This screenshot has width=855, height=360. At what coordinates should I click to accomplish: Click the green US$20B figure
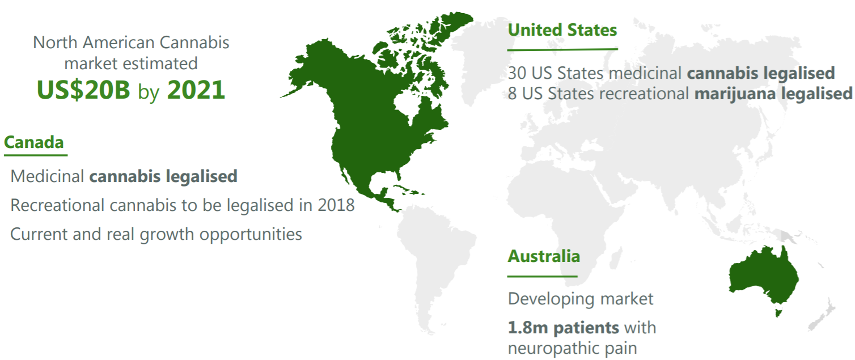click(x=83, y=90)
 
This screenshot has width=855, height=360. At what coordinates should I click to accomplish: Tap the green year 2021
click(x=196, y=90)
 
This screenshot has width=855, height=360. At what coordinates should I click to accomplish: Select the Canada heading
click(x=33, y=142)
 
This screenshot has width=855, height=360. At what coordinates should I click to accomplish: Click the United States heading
click(x=562, y=30)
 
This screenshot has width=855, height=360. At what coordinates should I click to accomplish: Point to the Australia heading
click(x=544, y=256)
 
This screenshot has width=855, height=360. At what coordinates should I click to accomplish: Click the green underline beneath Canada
click(x=36, y=155)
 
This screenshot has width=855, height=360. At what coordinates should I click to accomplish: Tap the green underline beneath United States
click(x=562, y=49)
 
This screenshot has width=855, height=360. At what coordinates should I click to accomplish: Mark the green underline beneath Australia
click(x=542, y=276)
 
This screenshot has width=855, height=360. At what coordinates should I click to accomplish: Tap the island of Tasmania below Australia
click(x=778, y=313)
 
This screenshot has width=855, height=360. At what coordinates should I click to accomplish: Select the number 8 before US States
click(x=512, y=94)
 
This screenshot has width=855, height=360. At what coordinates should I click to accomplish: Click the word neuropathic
click(x=553, y=349)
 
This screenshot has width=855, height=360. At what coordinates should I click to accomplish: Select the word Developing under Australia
click(x=551, y=299)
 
